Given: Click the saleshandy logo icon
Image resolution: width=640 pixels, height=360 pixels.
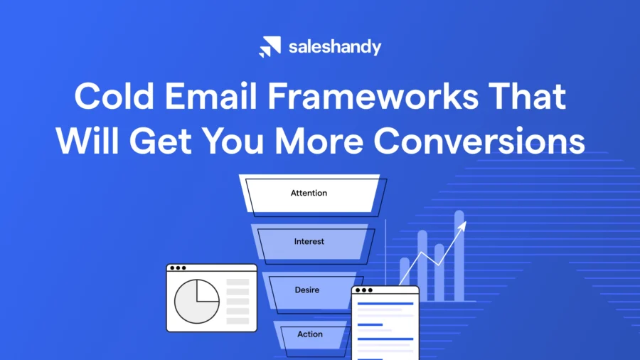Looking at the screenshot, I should [270, 47].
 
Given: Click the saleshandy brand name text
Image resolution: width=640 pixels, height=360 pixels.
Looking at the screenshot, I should [334, 47].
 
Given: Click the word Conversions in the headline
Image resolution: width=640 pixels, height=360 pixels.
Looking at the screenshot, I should [480, 141].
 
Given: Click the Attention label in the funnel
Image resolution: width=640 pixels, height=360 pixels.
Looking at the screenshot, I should [309, 193].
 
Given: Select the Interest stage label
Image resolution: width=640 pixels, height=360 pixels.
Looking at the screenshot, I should [309, 241].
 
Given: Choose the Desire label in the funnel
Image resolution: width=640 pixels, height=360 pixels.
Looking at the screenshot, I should [307, 290].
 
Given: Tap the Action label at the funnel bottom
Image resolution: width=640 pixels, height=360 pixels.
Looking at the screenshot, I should [310, 334].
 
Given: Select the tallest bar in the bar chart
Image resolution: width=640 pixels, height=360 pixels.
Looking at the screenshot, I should [459, 256].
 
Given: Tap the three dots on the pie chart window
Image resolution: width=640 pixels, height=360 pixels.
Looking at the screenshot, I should [177, 268].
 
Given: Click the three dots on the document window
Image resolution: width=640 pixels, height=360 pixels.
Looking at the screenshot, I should [363, 290].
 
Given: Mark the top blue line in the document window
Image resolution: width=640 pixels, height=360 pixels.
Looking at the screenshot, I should [385, 304].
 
